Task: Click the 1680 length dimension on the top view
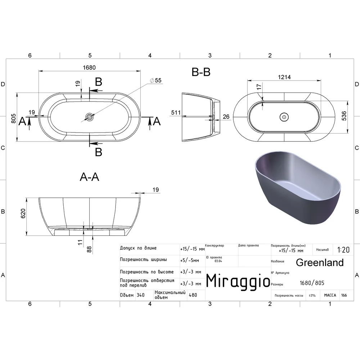coord(89,68)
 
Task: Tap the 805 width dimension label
coord(14,118)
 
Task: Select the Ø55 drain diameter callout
coord(156,80)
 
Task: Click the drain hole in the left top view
coord(89,117)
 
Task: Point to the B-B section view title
coord(201,72)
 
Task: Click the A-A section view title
coord(90,177)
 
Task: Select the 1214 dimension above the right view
coord(284,77)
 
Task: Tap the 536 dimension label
coord(344,116)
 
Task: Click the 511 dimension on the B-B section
coord(176,112)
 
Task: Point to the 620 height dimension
coord(23,213)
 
